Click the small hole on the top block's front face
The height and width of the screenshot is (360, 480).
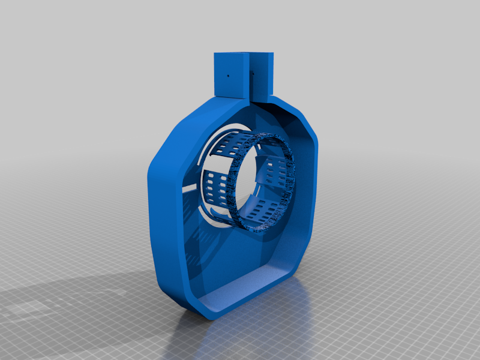(x=228, y=76)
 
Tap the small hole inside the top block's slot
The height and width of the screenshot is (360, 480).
(x=252, y=74)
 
